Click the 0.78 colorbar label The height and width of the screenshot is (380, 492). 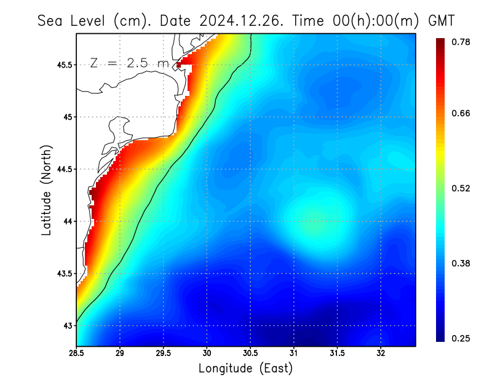click(462, 42)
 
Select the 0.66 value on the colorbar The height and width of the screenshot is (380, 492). click(462, 113)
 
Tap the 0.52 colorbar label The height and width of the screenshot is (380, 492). click(462, 188)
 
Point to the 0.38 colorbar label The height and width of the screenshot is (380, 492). click(462, 263)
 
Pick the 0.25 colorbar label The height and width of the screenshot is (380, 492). click(462, 338)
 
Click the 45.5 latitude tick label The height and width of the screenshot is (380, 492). click(64, 65)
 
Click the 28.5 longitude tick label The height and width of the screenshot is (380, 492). click(77, 354)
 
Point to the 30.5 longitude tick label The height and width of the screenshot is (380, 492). click(250, 354)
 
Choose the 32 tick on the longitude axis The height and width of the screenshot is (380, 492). click(381, 354)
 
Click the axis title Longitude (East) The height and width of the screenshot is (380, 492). click(245, 368)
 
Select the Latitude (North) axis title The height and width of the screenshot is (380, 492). click(46, 190)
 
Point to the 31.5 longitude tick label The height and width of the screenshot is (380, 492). click(337, 354)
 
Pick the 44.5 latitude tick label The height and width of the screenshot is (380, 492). click(64, 169)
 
